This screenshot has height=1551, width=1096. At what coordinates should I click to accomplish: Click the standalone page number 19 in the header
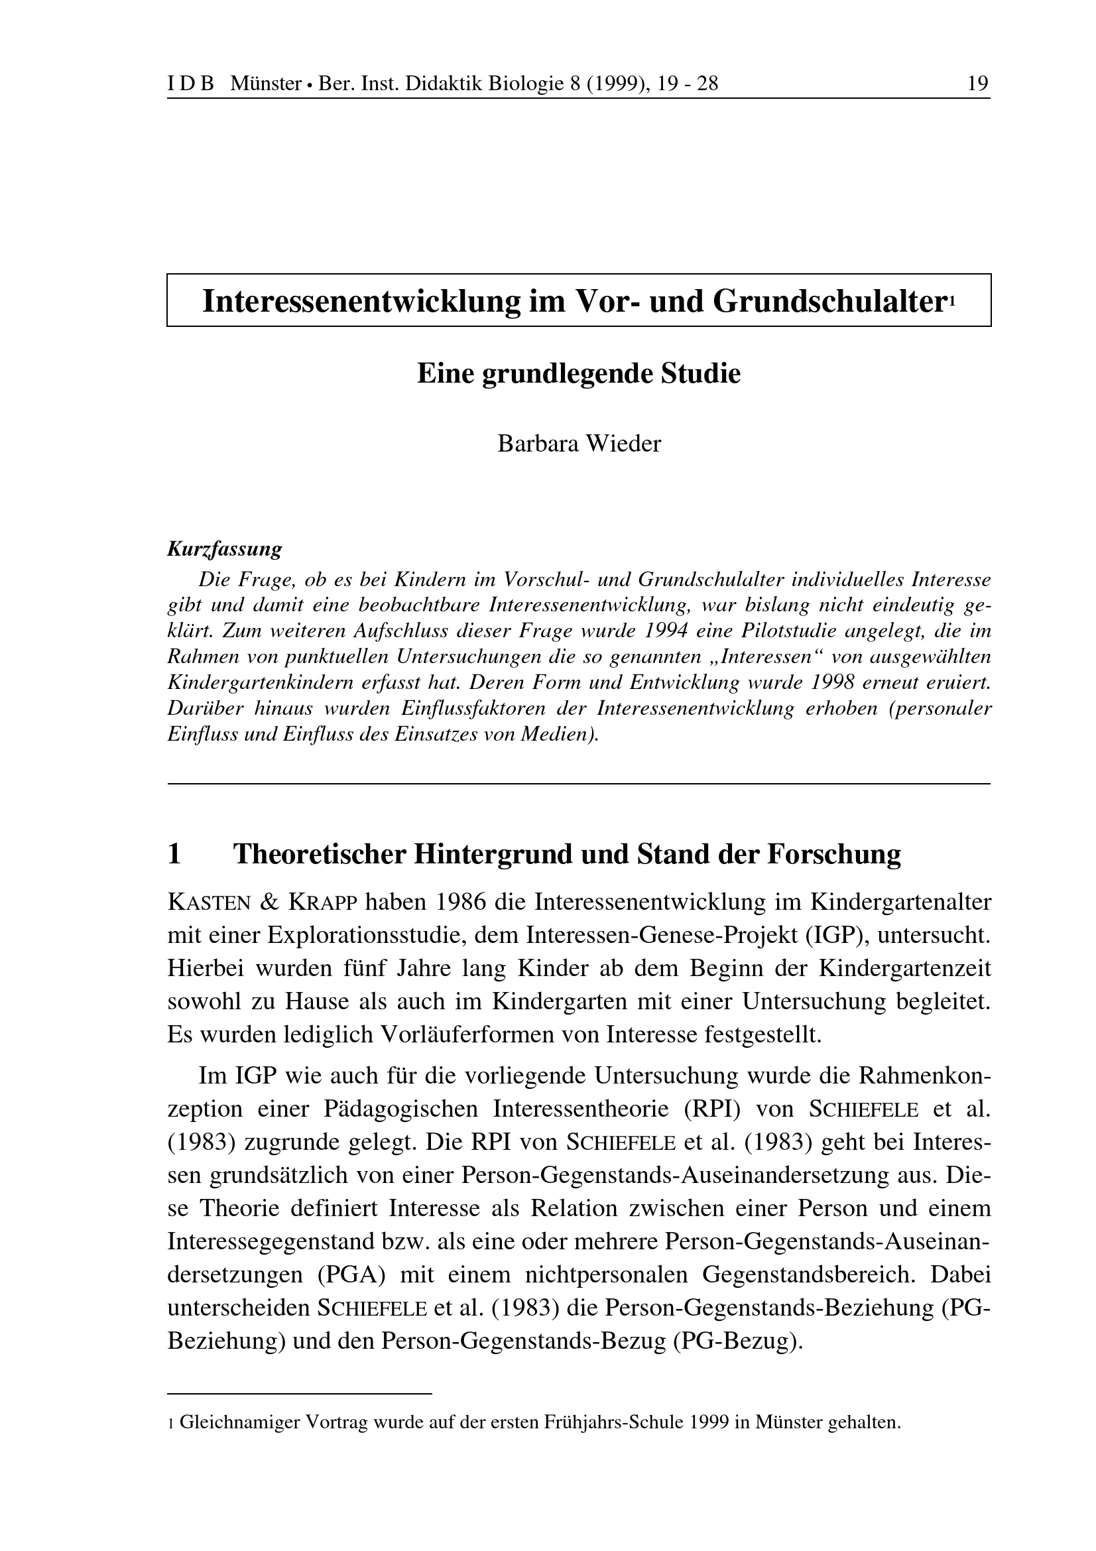point(978,84)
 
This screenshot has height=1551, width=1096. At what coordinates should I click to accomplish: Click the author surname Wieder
point(623,444)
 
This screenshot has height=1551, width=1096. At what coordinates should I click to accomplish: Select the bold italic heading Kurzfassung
point(224,549)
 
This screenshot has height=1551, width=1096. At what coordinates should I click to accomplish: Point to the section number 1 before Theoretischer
point(174,855)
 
